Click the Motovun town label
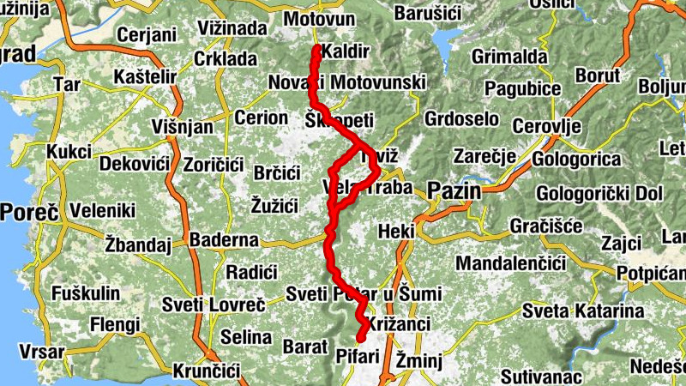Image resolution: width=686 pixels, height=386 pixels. coord(318,19)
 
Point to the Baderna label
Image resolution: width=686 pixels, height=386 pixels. coord(224,240)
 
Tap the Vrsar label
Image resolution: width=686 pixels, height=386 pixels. coord(25,353)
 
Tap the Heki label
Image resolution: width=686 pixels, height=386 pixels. coord(396,232)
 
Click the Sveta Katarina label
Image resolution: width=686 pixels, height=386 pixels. coord(583,311)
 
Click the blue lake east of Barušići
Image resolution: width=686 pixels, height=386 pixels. coord(445,41)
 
